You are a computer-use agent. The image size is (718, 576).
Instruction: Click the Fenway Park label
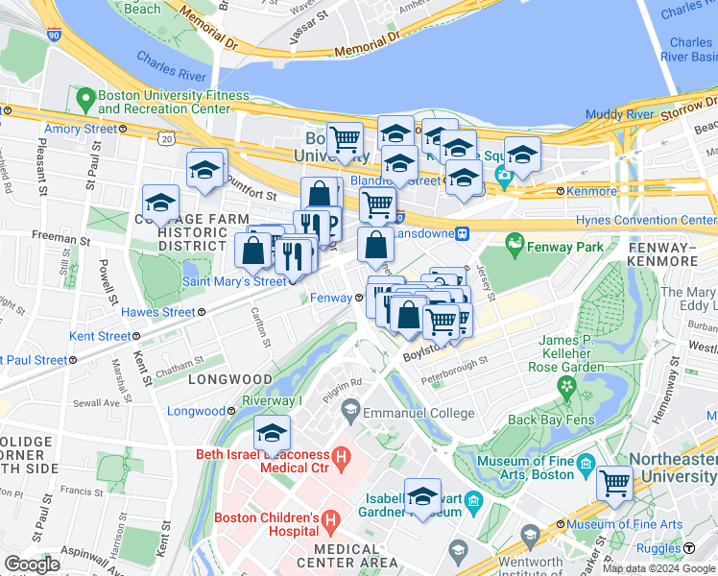coord(568,247)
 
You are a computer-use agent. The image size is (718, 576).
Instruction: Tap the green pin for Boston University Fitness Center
coord(85,97)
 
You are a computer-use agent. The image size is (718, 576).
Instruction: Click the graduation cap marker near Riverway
coord(273,432)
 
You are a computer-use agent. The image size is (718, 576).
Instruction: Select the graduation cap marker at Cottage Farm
coord(160,203)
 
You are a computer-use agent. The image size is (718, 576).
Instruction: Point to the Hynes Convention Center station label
coord(645,221)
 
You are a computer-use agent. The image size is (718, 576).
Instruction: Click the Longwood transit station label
coord(196,411)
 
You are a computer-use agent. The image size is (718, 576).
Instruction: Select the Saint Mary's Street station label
coord(234,281)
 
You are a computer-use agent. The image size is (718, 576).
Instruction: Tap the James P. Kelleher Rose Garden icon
coord(566,386)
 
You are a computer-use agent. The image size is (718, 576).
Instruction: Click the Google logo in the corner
coord(33,564)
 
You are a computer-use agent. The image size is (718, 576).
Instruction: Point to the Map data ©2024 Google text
coord(658,568)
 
